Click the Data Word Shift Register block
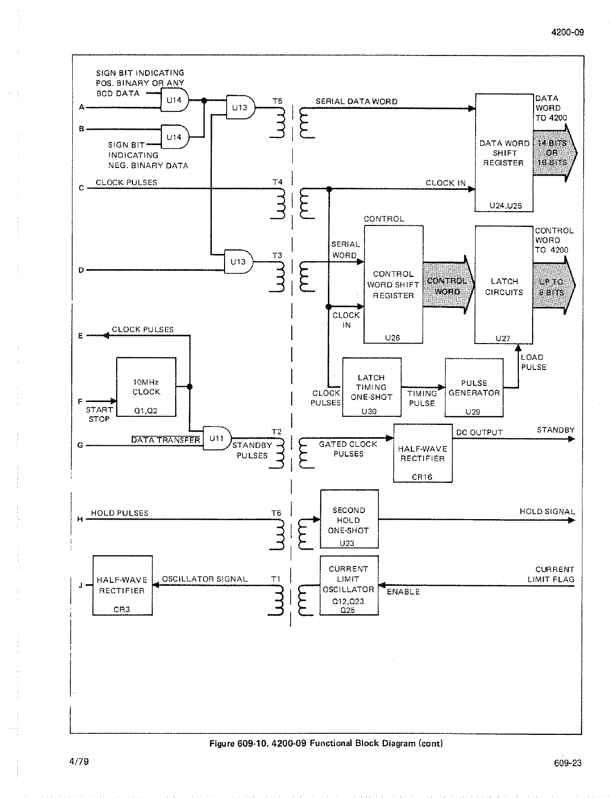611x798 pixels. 504,153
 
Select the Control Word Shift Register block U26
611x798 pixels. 393,285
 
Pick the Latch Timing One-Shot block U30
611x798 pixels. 371,387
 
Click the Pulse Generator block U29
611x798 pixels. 474,388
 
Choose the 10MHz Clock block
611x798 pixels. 146,387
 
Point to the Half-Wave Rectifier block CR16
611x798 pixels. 423,453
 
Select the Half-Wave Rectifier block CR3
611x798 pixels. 122,585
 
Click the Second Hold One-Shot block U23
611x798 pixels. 349,519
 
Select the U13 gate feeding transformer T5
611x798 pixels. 240,107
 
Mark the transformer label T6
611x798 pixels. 276,513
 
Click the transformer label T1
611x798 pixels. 276,579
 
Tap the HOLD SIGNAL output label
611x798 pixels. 547,511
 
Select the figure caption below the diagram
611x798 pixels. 326,743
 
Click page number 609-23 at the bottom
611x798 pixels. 568,762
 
